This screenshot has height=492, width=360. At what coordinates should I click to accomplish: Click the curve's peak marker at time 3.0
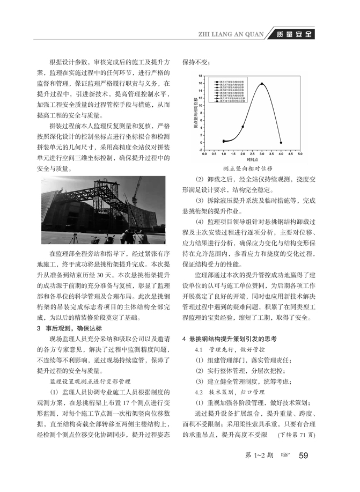(x=262, y=84)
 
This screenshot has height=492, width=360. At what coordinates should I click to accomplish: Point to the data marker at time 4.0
(x=281, y=143)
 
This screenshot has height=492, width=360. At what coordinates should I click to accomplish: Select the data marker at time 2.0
(x=243, y=127)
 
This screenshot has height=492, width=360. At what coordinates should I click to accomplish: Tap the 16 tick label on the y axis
(x=200, y=84)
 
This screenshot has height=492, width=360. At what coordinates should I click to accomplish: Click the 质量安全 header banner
(x=294, y=35)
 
